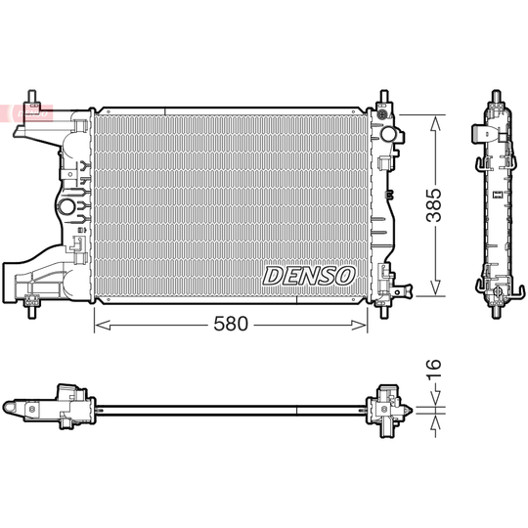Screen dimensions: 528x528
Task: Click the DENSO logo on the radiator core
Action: tap(309, 275)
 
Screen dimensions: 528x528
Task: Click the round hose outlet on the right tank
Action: tap(388, 133)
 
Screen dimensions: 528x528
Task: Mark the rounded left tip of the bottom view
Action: tap(9, 405)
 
